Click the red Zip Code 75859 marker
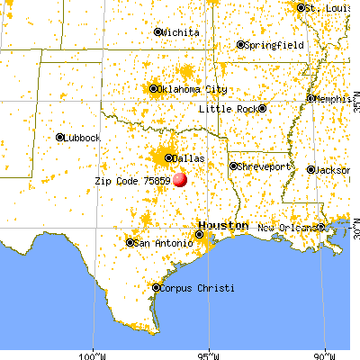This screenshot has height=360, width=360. [x=180, y=179]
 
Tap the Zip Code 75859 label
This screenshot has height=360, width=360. [x=132, y=180]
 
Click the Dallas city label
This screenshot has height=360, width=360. [x=189, y=158]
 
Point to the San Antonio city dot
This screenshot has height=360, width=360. [x=130, y=242]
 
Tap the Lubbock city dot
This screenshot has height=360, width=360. [x=60, y=138]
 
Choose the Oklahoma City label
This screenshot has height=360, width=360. [x=193, y=89]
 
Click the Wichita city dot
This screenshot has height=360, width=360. [x=158, y=32]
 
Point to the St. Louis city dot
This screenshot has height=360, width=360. [x=301, y=8]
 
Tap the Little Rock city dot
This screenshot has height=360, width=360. [x=262, y=109]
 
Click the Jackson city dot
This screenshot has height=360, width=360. [x=311, y=169]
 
